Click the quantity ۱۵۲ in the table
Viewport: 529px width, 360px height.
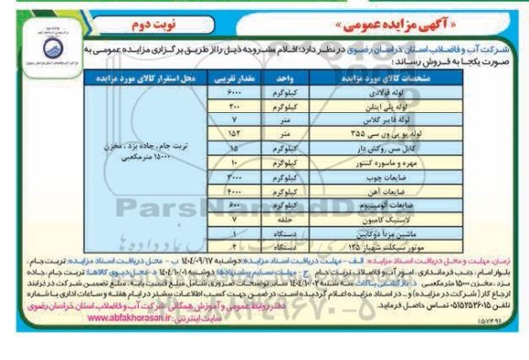(x=234, y=133)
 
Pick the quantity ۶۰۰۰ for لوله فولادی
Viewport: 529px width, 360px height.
(x=234, y=96)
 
